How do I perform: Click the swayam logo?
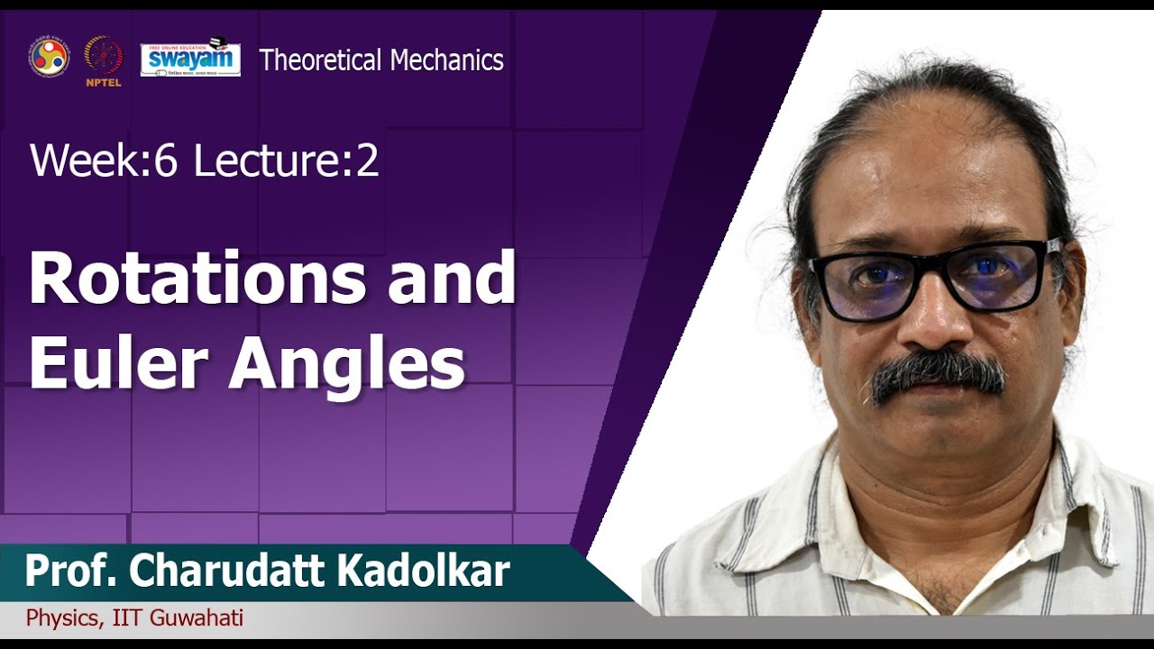(x=190, y=59)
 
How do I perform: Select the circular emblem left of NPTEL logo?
(x=49, y=58)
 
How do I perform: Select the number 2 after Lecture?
(x=367, y=161)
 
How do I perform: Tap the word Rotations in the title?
(x=197, y=280)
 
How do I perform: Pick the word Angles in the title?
(x=347, y=365)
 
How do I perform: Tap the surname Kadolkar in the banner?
(x=441, y=572)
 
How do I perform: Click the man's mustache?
(x=938, y=372)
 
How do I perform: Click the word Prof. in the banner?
(x=73, y=572)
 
